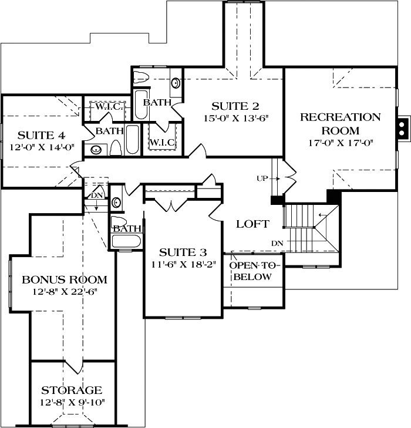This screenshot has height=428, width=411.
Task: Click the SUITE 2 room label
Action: [x=235, y=106]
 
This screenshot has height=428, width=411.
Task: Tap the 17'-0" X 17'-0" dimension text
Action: [x=341, y=142]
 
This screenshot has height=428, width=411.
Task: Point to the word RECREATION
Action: [x=341, y=117]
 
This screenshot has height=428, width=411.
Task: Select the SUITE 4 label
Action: [x=41, y=134]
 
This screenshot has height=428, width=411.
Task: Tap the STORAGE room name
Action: [x=72, y=390]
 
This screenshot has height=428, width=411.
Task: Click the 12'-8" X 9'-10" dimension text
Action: [x=72, y=403]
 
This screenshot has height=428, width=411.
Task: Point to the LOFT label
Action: [x=252, y=224]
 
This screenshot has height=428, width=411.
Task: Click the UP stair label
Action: [x=262, y=177]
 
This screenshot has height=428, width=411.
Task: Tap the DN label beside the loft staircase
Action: [x=277, y=242]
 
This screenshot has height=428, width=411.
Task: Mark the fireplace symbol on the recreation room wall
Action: [x=402, y=129]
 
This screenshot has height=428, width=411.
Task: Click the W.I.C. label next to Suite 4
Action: [x=106, y=107]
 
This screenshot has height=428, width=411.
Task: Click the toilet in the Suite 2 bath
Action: [x=142, y=76]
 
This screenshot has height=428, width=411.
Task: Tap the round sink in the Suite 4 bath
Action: [x=96, y=150]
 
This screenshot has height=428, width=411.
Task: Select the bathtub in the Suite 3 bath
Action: [x=126, y=241]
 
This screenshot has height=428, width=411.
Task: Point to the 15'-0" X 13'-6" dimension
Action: [x=235, y=119]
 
